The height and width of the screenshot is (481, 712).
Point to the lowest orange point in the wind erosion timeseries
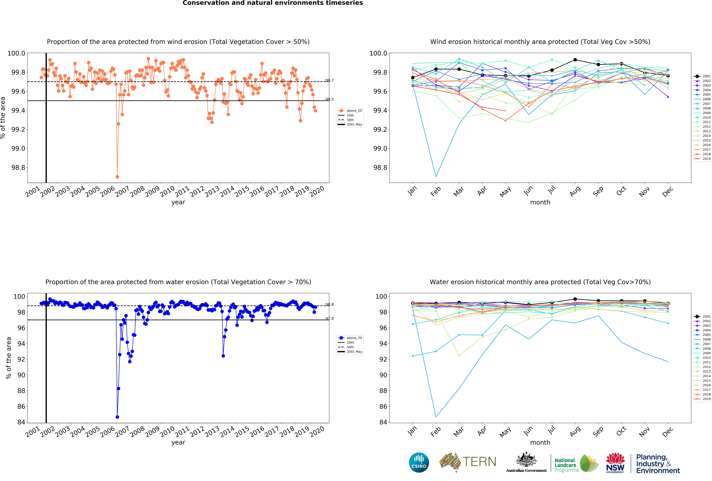tap(117, 177)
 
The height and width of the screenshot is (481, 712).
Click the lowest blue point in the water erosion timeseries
tap(117, 417)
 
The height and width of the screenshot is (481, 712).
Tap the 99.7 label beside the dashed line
tap(330, 80)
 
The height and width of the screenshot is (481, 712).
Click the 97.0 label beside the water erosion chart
tap(330, 319)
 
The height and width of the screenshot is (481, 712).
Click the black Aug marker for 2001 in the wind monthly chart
tap(575, 60)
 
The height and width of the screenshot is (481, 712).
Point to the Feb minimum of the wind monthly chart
tap(436, 176)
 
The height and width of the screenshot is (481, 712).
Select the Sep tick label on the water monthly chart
tap(598, 431)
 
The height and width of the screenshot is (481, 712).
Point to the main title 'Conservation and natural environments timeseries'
tap(273, 3)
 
